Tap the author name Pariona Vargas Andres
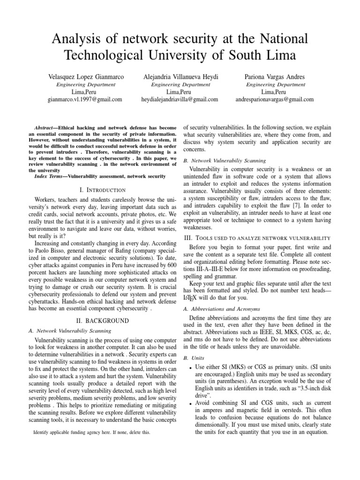click(x=275, y=76)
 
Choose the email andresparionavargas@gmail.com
click(x=275, y=99)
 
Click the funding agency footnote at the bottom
click(x=92, y=432)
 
